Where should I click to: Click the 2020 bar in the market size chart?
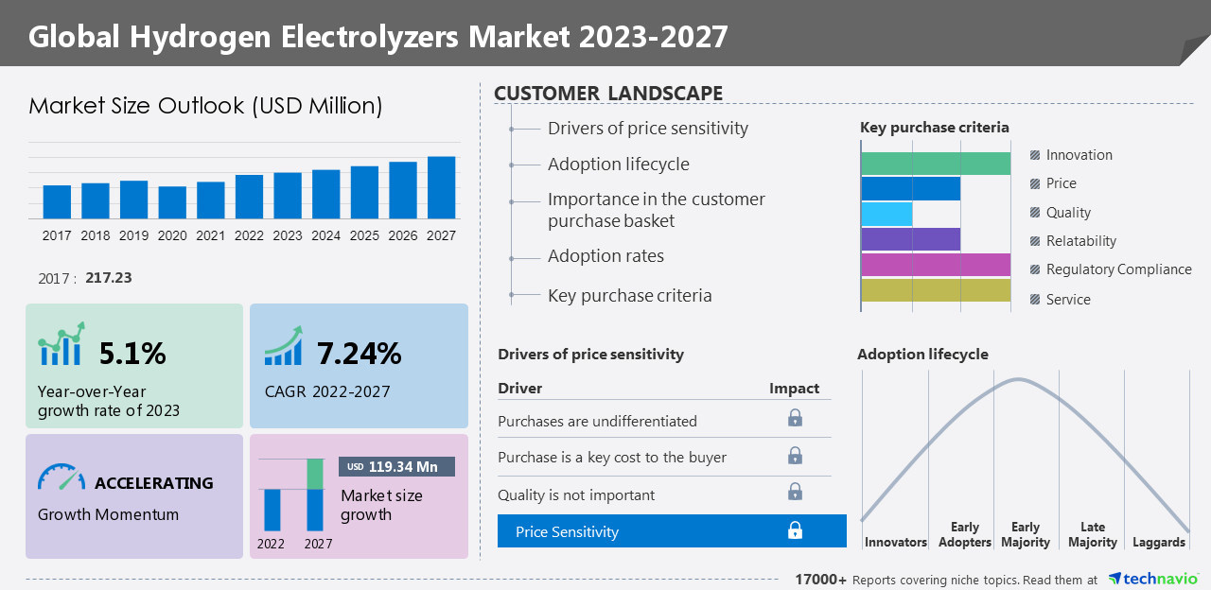click(172, 202)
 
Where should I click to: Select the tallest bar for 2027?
click(441, 187)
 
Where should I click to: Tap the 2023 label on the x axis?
click(288, 235)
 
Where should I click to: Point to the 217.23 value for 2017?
click(108, 278)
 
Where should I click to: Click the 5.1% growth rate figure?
click(132, 354)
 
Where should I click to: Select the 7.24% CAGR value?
click(359, 354)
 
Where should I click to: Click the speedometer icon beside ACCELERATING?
click(61, 477)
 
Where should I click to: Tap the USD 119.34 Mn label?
click(396, 467)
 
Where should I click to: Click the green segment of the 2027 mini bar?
click(315, 474)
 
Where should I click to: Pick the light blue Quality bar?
click(886, 214)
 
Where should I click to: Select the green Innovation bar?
click(936, 163)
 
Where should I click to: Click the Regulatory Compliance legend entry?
click(1118, 269)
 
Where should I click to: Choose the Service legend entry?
click(1068, 300)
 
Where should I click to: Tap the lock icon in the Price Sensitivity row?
click(796, 531)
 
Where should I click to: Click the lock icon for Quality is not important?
click(796, 492)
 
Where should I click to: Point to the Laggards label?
click(1158, 543)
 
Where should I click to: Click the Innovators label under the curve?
click(895, 543)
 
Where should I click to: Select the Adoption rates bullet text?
click(605, 256)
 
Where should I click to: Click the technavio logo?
click(1153, 579)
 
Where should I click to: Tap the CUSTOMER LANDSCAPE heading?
click(608, 93)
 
